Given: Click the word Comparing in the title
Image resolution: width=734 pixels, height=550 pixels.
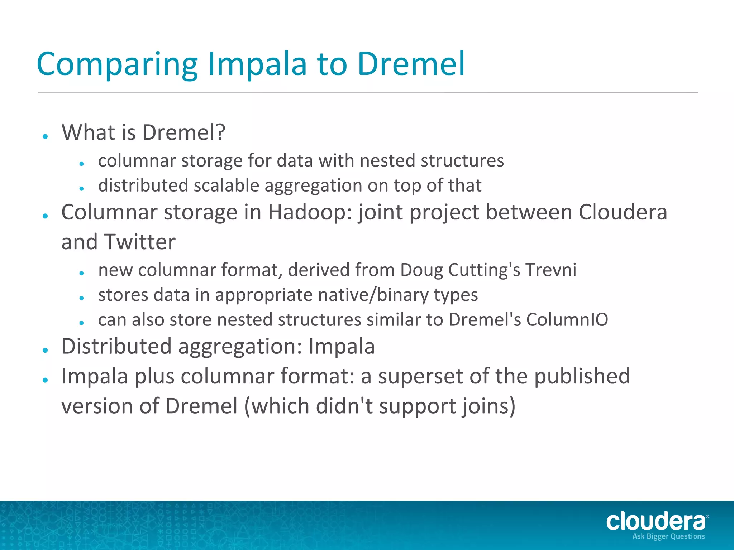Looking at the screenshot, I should point(117,64).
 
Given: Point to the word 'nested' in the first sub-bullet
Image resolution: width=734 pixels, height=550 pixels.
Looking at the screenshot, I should point(387,160).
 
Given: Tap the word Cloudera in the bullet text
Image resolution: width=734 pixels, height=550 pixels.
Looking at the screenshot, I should point(623,212).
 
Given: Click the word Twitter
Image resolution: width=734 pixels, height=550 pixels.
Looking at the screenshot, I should point(140,242).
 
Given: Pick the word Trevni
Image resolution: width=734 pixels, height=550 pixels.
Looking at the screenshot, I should point(550,270).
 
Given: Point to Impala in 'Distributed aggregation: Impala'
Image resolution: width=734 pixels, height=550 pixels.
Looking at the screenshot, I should point(342,347).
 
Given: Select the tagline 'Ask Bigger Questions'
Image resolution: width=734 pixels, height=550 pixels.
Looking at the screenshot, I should point(668,536).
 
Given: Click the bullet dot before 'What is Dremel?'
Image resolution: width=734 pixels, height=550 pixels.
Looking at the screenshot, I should point(45,136).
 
